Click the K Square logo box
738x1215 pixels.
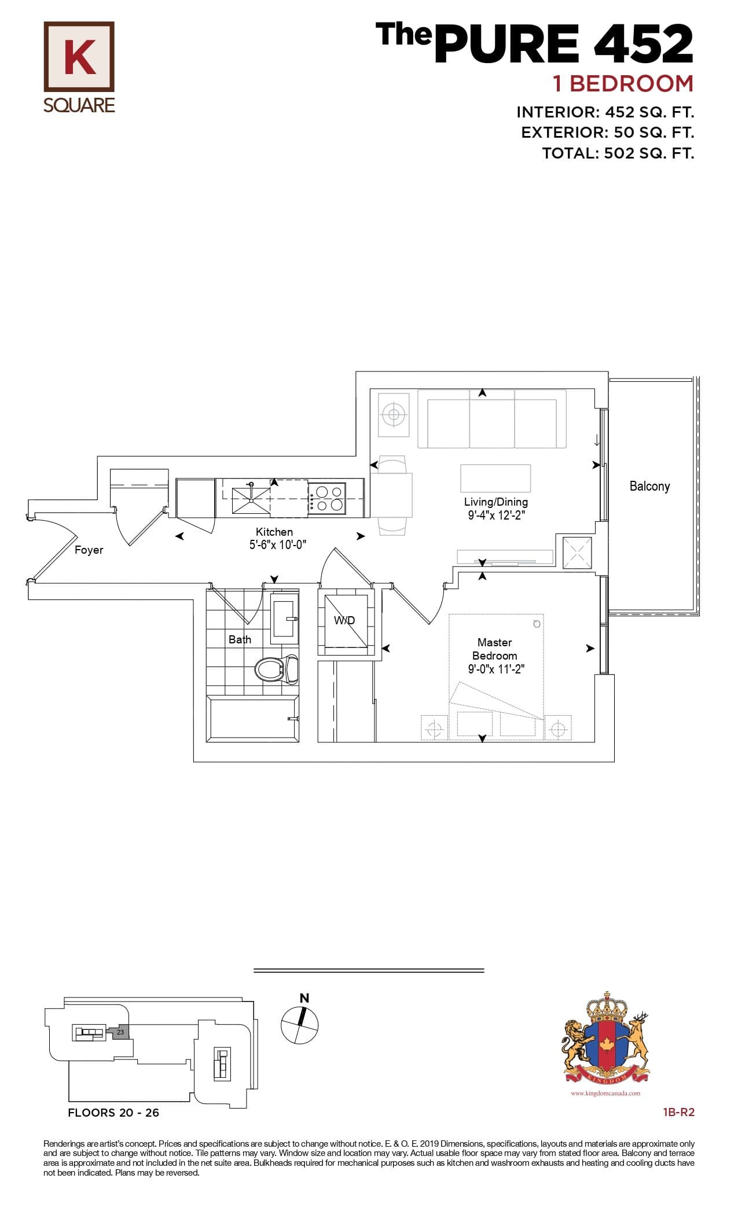(79, 57)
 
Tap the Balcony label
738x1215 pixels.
(649, 486)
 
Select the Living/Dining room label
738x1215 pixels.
(495, 502)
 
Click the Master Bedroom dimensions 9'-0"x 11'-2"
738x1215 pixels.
(496, 669)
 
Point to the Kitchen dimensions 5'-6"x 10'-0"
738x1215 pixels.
(278, 544)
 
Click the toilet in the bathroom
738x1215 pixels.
(276, 670)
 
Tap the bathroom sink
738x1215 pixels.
(285, 618)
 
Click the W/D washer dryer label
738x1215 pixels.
(344, 620)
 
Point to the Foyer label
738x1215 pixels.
(89, 550)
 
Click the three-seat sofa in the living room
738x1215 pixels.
(491, 419)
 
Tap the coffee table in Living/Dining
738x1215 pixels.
(495, 478)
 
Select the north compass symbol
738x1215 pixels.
(299, 1025)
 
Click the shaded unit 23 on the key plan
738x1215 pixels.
(120, 1032)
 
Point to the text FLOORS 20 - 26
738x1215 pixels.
(113, 1113)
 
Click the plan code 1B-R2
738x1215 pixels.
(678, 1112)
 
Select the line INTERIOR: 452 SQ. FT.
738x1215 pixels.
(605, 112)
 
